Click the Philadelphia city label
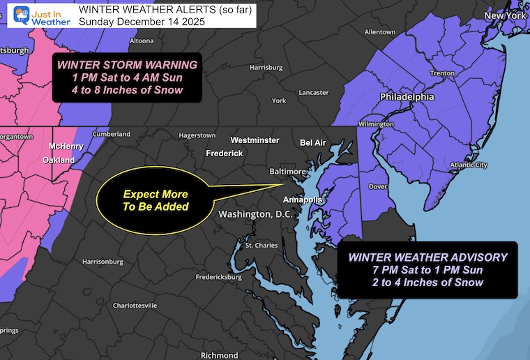click(x=407, y=97)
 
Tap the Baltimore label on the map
click(x=287, y=171)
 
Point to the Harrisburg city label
click(x=266, y=68)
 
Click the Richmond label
click(x=219, y=355)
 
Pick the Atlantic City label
click(x=469, y=165)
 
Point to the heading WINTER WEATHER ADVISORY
click(x=428, y=257)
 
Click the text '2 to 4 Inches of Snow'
click(x=428, y=283)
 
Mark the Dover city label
click(x=377, y=187)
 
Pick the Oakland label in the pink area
click(x=59, y=160)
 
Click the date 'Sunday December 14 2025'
click(x=139, y=22)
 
